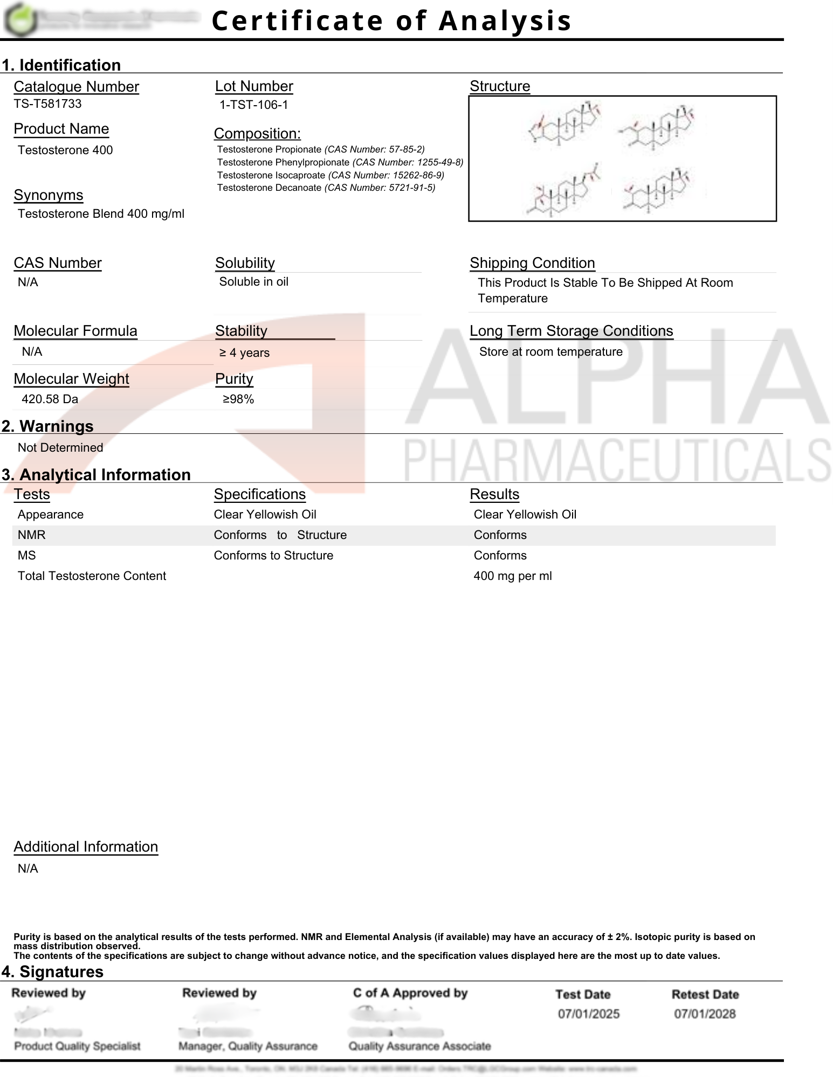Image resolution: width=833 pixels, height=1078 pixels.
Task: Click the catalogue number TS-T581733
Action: pos(47,103)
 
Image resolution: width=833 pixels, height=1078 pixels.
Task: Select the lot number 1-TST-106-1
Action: pos(253,105)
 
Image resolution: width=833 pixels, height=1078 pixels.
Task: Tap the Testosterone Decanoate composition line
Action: pos(326,188)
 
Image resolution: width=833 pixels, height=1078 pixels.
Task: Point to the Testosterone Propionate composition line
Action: pos(320,149)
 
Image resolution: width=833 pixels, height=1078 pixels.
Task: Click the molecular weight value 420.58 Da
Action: pos(50,399)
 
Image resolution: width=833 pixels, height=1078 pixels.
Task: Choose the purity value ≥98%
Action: pos(238,399)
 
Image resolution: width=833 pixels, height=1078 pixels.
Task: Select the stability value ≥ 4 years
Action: pos(244,353)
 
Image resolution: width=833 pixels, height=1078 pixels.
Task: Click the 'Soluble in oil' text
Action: pos(253,281)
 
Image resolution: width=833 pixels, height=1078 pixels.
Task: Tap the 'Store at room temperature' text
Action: pos(550,351)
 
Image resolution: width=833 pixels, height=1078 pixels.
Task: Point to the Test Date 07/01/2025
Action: pos(588,1014)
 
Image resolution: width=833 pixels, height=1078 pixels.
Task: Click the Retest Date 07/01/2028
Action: pos(704,1014)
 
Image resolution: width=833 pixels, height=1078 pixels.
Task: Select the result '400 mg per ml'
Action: pos(512,576)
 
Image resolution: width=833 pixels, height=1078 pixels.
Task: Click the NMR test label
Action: pos(31,535)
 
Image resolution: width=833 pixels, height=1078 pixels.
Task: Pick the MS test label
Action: pos(26,555)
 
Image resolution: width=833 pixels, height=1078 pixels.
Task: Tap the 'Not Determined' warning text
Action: pos(60,447)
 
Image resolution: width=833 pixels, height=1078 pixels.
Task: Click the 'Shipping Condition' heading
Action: pos(532,263)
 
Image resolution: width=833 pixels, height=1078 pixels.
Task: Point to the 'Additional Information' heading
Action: pos(86,847)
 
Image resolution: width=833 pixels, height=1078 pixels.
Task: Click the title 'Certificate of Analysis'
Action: pos(391,20)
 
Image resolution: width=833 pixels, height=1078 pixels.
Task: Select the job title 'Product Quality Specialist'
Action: pos(77,1046)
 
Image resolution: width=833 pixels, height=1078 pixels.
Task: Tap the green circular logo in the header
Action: pos(20,19)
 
